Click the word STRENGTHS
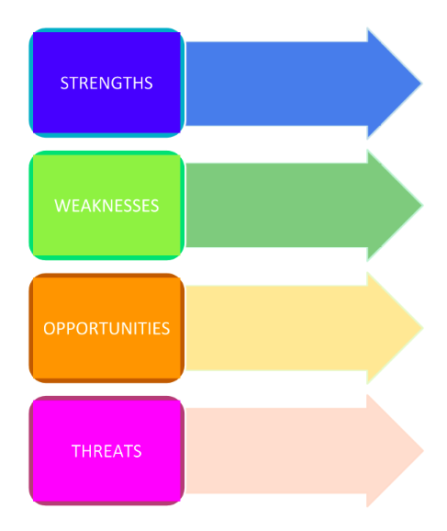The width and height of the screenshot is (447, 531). coord(106,83)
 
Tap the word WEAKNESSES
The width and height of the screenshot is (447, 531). coord(106,206)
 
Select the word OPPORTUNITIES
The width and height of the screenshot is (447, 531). coord(106,328)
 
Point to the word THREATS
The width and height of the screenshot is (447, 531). coord(106,451)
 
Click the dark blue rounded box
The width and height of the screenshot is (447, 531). coord(106,83)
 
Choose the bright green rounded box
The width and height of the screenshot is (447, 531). coord(106,205)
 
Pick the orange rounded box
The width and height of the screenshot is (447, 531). coord(106,328)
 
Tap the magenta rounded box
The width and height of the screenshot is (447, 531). coord(106,450)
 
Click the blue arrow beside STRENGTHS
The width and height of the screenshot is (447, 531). coord(304,84)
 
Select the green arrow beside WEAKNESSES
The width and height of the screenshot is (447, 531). coord(304,205)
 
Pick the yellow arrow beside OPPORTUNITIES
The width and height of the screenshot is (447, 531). coord(304,328)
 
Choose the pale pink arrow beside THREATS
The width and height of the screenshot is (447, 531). coord(304,450)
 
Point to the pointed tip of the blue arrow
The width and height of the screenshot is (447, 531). coord(421,84)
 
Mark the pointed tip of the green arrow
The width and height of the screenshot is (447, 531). coord(422,205)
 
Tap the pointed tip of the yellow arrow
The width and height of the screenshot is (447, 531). coord(423,328)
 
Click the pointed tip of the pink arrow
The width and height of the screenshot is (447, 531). coord(423,450)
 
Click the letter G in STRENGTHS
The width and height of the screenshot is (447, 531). coord(119,83)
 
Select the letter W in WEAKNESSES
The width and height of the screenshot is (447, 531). coord(61,206)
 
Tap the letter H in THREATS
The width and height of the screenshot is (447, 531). coord(86,451)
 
